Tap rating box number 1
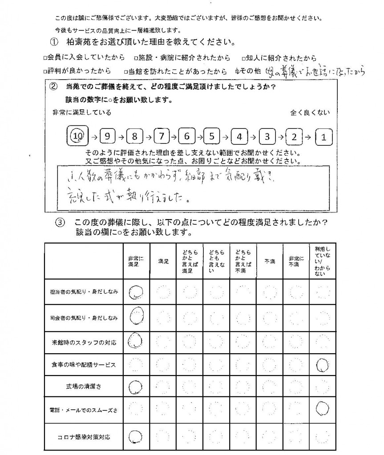click(323, 137)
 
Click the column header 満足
click(163, 262)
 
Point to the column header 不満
click(270, 262)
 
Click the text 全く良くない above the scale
click(311, 113)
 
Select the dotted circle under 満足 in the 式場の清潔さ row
click(163, 387)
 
